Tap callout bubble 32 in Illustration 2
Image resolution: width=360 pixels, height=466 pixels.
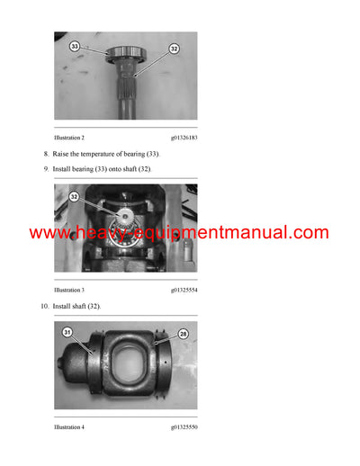tap(174, 49)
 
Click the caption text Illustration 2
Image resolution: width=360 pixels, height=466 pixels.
tap(69, 138)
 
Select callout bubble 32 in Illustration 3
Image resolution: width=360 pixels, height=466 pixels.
tap(75, 196)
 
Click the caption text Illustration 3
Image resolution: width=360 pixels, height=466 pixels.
tap(69, 291)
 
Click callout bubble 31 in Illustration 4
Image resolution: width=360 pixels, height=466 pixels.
tap(67, 333)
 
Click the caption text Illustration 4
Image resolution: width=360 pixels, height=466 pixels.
tap(69, 426)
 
